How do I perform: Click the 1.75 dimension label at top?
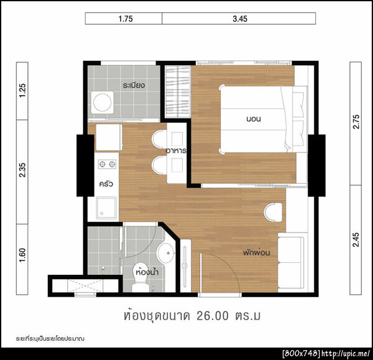(126, 19)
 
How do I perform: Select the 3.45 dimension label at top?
(240, 19)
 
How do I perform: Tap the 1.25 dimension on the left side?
(22, 90)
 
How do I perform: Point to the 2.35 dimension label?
(22, 170)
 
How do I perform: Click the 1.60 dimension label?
(22, 255)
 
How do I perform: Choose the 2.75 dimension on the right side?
(356, 122)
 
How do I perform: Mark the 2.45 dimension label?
(356, 239)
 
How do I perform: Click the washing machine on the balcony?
(103, 103)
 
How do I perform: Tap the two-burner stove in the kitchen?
(107, 164)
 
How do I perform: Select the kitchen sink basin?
(106, 208)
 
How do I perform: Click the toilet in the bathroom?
(140, 277)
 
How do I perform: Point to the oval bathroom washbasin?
(166, 252)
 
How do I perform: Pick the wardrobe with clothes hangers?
(178, 91)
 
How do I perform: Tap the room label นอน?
(254, 119)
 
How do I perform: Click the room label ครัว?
(106, 183)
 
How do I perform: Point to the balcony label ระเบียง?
(134, 85)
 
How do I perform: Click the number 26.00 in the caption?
(213, 316)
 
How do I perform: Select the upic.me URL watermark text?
(346, 353)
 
